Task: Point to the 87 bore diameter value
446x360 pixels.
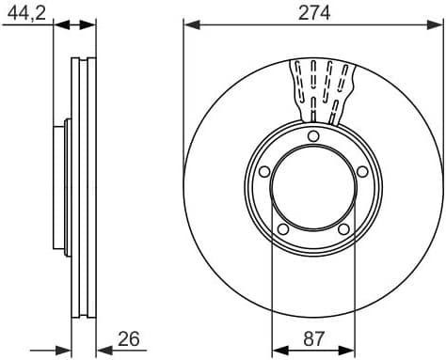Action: pos(313,340)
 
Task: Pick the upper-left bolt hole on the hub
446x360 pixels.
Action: pos(264,170)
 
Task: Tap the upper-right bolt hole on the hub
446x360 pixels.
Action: pos(362,170)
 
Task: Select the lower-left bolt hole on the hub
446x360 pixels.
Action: pos(282,228)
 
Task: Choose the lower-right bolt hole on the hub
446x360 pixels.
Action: pos(343,228)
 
